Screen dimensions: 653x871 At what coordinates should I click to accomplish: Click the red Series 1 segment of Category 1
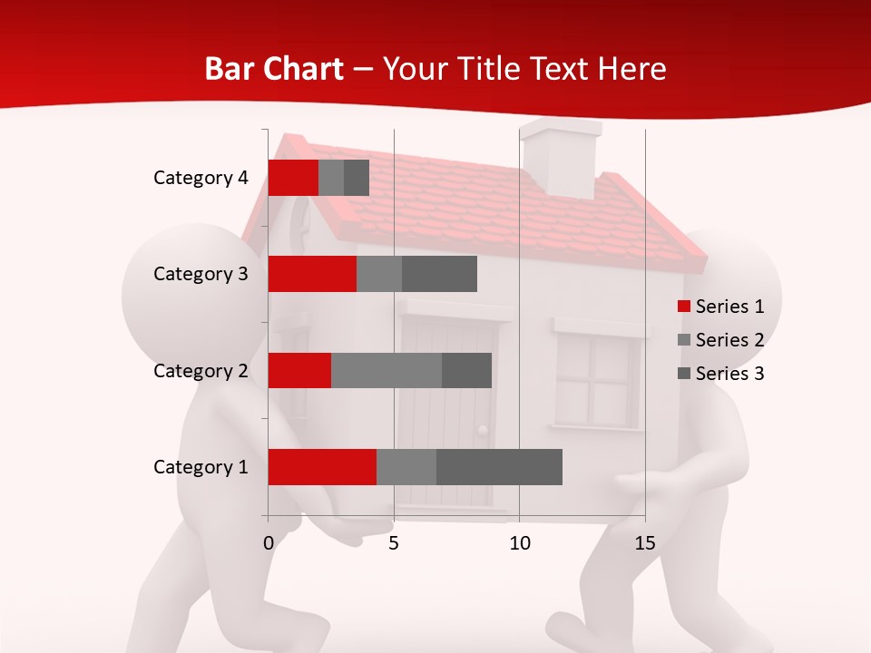click(x=322, y=467)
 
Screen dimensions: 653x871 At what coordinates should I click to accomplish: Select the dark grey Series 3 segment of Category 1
click(x=499, y=467)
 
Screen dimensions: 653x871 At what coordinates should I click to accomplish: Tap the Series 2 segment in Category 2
click(x=387, y=370)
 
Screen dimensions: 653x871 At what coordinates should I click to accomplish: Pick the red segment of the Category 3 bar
click(x=312, y=274)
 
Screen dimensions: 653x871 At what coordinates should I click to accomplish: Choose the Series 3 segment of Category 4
click(x=357, y=178)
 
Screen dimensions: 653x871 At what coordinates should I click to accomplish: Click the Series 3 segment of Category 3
click(x=439, y=274)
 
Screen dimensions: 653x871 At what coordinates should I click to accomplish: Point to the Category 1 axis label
click(x=201, y=467)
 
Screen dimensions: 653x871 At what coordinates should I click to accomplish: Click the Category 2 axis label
click(x=201, y=370)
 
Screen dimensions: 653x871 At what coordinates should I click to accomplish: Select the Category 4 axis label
click(x=201, y=178)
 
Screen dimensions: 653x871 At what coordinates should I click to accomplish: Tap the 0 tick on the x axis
click(x=269, y=543)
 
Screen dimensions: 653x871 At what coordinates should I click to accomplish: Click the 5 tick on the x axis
click(x=394, y=543)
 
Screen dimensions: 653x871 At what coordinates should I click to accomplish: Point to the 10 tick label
click(x=519, y=543)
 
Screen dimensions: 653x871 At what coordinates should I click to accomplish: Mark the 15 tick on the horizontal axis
click(x=645, y=543)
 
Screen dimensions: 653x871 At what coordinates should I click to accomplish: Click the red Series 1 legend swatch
click(x=684, y=307)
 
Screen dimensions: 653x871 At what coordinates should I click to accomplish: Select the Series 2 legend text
click(x=729, y=340)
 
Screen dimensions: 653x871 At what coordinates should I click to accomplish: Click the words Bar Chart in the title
click(x=273, y=68)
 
